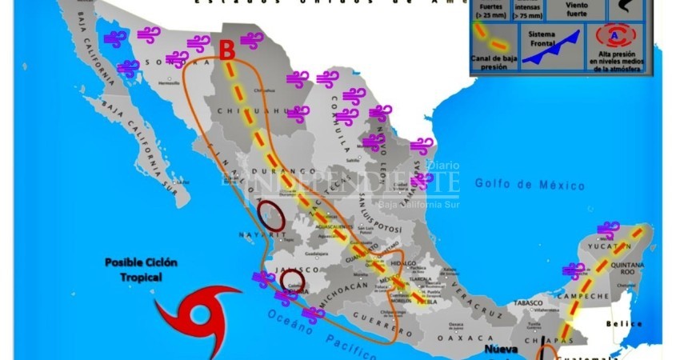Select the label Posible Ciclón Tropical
tap(141, 270)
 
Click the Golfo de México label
tap(530, 184)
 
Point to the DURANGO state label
tap(273, 171)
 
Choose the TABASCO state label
tap(528, 303)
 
